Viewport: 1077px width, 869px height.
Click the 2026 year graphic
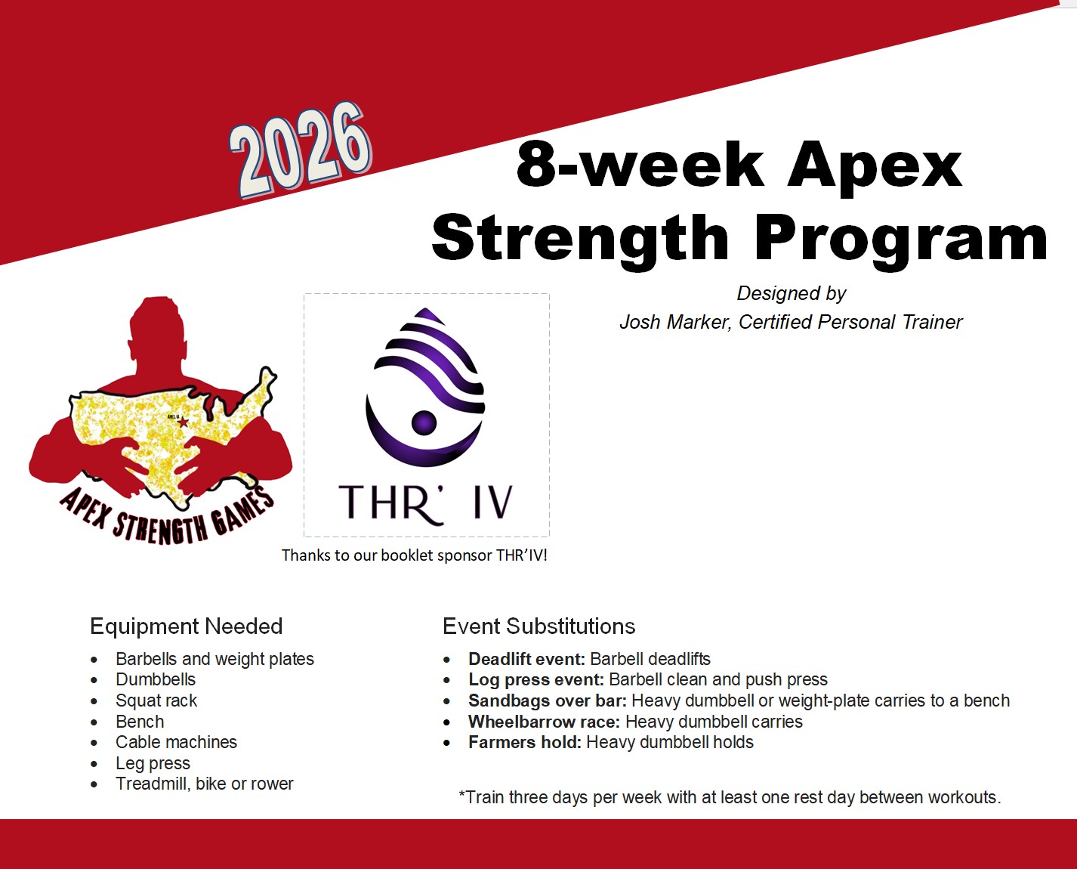click(301, 150)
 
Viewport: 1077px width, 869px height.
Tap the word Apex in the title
click(875, 165)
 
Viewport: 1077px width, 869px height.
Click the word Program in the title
click(901, 238)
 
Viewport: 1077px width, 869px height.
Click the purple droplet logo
click(425, 387)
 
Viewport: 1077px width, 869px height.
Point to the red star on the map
click(184, 422)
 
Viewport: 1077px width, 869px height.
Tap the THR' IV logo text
click(426, 503)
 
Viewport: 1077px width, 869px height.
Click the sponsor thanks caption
click(415, 555)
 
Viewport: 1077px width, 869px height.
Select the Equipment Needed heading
click(187, 626)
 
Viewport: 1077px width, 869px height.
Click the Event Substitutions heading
click(539, 626)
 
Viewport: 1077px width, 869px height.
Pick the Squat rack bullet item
click(156, 700)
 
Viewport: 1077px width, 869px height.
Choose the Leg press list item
click(153, 763)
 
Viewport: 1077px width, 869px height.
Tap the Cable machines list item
click(176, 742)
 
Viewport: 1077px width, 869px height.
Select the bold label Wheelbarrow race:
click(544, 722)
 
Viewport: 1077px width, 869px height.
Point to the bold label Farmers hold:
click(524, 742)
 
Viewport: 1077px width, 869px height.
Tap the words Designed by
click(792, 293)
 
